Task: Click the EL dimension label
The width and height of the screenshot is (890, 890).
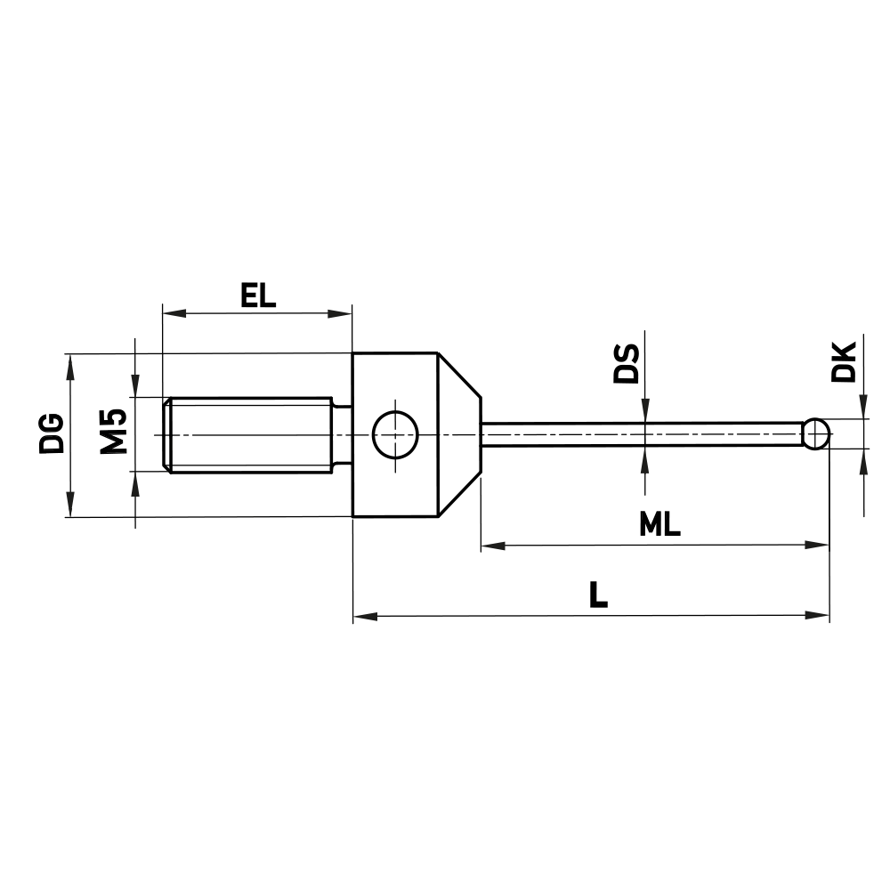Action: (257, 295)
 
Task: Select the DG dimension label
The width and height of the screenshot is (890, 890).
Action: (53, 433)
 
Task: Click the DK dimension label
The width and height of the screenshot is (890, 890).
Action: (843, 360)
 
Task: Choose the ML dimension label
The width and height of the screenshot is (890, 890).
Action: (659, 525)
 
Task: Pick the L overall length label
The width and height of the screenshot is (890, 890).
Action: (598, 595)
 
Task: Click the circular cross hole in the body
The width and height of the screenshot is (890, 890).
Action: (395, 434)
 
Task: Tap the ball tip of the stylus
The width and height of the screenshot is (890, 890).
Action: (815, 434)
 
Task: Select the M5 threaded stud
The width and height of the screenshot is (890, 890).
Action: (249, 434)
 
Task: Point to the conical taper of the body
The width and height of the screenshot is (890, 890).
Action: (459, 434)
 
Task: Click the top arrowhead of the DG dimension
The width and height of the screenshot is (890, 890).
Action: (69, 364)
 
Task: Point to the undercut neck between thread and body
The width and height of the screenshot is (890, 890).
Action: (342, 434)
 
